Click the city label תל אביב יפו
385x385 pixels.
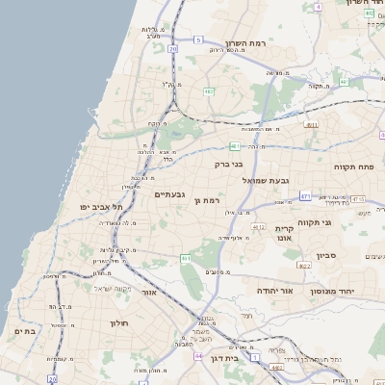pos(101,207)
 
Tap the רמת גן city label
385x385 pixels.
pos(181,201)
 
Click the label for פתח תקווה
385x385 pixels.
pos(353,167)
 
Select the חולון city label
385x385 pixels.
pos(119,323)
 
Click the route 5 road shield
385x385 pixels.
pos(198,39)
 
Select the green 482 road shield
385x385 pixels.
pos(209,92)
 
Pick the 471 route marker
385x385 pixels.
pos(305,196)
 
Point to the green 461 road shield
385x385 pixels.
pos(185,259)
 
